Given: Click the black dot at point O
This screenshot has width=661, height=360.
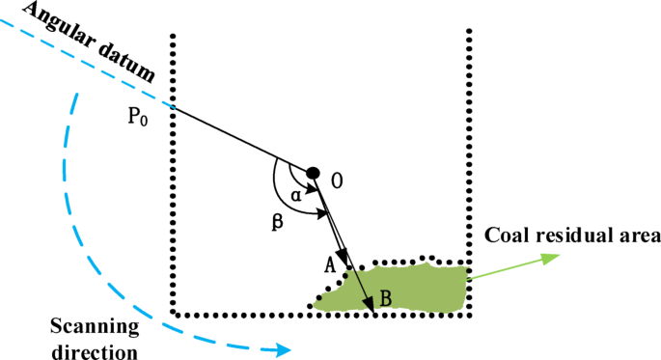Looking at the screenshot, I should coord(313,173).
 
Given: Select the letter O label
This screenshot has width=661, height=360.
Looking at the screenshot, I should coord(336,180).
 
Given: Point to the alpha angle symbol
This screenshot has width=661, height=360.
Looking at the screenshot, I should coord(296,193).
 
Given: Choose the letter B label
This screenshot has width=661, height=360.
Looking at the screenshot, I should coord(385,299).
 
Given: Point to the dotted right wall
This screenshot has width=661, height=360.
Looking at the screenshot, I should coord(470,145).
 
